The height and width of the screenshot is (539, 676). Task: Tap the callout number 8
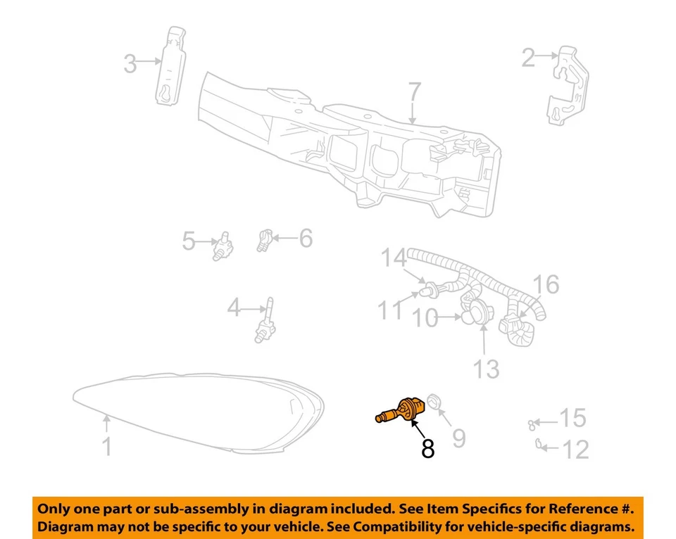[x=427, y=448]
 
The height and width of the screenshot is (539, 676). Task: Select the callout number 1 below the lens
[x=107, y=446]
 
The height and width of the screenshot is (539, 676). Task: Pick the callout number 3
[x=130, y=63]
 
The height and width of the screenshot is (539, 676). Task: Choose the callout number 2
[x=529, y=58]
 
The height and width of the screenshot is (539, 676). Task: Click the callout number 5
[x=188, y=241]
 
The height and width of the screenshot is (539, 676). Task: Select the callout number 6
[x=305, y=239]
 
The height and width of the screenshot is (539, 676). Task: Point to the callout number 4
[x=234, y=307]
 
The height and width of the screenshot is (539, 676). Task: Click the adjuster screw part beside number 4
[x=265, y=323]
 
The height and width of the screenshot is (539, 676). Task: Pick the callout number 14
[x=395, y=258]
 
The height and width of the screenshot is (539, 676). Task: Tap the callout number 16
[x=546, y=285]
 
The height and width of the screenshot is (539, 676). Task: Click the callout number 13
[x=485, y=367]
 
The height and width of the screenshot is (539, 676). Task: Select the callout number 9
[x=458, y=438]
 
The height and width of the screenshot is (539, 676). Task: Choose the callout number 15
[x=572, y=419]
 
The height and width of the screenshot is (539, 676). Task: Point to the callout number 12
[x=576, y=449]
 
